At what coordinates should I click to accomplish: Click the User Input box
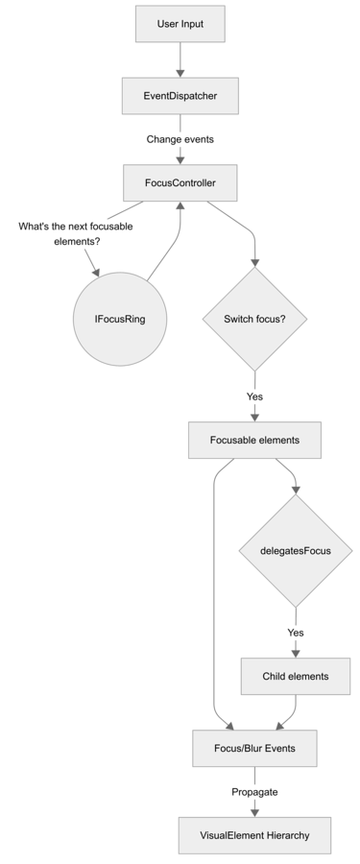(x=180, y=24)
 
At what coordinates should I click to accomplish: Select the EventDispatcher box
(x=180, y=96)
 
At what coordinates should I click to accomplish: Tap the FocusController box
(x=180, y=182)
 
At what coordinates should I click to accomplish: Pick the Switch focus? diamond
(x=254, y=319)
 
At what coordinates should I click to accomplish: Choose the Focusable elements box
(x=254, y=440)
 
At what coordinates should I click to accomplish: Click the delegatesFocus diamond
(x=296, y=550)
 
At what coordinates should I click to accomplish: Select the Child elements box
(x=296, y=676)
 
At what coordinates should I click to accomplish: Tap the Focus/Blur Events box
(x=254, y=747)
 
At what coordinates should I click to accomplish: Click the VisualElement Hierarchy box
(x=254, y=835)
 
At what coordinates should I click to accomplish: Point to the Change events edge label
(x=180, y=139)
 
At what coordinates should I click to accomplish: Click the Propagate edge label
(x=254, y=792)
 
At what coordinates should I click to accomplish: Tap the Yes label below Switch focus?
(x=254, y=396)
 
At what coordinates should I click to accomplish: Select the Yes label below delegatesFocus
(x=296, y=633)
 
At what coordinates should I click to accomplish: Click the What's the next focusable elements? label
(x=76, y=233)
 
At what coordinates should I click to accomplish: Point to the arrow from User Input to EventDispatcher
(x=180, y=60)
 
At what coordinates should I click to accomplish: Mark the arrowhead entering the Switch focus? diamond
(x=254, y=261)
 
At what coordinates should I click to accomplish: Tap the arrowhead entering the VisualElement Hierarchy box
(x=254, y=812)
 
